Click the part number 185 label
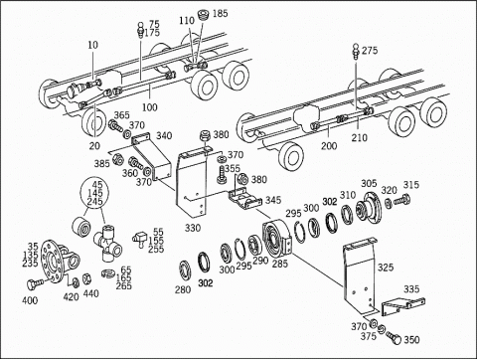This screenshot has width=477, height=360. [x=221, y=13]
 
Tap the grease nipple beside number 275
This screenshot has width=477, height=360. [x=356, y=52]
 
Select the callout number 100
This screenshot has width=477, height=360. [x=150, y=107]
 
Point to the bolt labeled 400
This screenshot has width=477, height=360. [x=34, y=283]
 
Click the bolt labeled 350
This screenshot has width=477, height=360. [x=394, y=337]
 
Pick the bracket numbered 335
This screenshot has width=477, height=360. [x=402, y=306]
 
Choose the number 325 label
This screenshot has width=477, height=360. [x=386, y=268]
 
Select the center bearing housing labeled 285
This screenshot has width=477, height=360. [x=277, y=240]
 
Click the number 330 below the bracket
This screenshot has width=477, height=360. [x=193, y=228]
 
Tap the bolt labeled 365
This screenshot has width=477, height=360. [x=115, y=126]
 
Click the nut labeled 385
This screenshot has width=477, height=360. [x=117, y=160]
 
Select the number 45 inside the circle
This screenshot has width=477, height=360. [x=97, y=185]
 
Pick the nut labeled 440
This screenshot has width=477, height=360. [x=86, y=278]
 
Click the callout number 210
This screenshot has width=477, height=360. [x=360, y=137]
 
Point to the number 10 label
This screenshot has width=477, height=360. [x=93, y=45]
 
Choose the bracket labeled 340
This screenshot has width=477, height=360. [x=152, y=156]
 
